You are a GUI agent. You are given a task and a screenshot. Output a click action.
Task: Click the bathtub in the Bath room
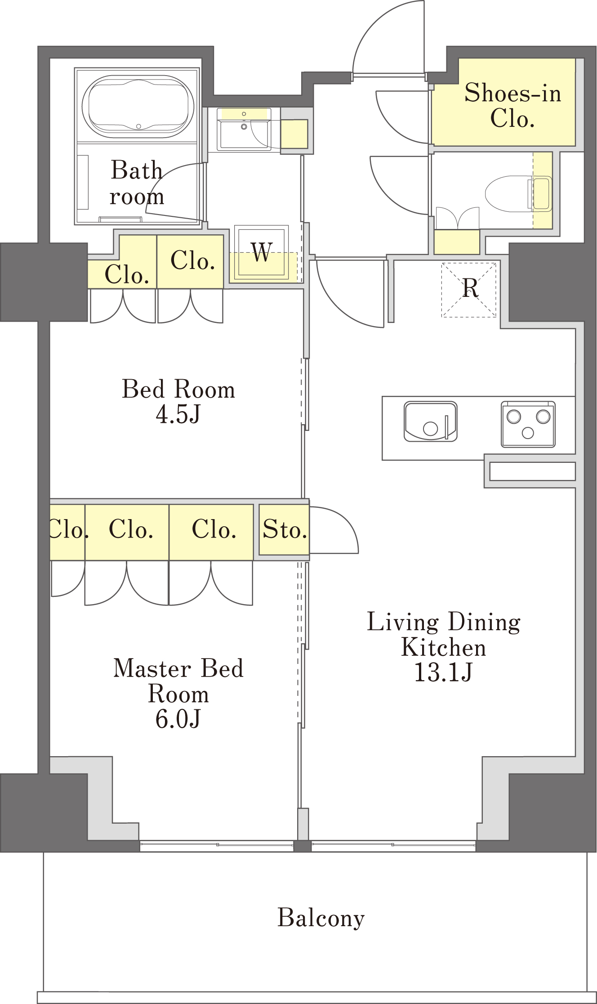138,107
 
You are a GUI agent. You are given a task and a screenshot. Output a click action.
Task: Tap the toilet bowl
508,194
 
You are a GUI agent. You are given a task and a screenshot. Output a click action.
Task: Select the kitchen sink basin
431,421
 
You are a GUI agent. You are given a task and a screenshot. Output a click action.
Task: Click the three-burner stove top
528,424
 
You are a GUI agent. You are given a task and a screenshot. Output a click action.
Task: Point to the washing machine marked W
261,252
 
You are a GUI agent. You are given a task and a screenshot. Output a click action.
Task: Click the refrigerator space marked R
469,290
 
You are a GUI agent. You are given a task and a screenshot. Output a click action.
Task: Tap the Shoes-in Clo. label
513,106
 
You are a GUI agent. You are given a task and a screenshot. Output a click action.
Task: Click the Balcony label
321,918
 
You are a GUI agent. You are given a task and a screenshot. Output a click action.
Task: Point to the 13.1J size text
443,672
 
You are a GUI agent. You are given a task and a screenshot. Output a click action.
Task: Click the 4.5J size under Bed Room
178,414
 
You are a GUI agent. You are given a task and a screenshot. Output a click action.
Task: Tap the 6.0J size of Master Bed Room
178,719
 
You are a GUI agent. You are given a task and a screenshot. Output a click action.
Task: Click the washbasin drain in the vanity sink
244,127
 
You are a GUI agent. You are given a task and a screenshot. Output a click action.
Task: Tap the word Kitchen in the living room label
444,648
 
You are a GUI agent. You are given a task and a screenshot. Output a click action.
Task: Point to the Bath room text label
137,183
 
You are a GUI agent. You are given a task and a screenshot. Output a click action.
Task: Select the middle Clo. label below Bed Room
131,529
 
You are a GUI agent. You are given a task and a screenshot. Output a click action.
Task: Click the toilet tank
541,194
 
